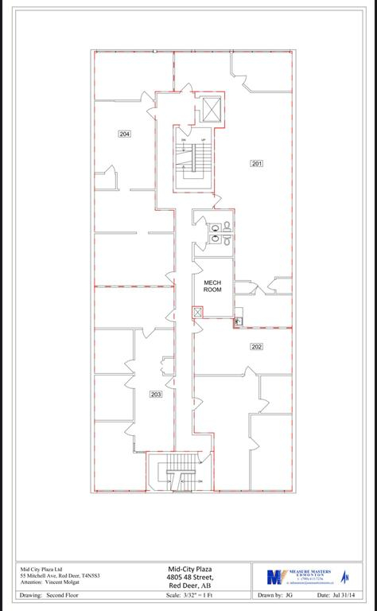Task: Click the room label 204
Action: coord(124,134)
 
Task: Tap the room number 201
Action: coord(256,163)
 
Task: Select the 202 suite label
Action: coord(256,346)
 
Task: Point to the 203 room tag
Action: coord(156,394)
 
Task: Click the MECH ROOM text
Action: coord(212,286)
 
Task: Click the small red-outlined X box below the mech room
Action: coord(196,313)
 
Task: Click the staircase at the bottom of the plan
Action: coord(181,476)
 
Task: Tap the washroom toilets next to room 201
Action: coord(220,230)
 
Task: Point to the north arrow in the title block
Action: coord(346,576)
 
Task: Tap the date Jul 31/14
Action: coord(335,594)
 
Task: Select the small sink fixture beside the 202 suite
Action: coord(237,321)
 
